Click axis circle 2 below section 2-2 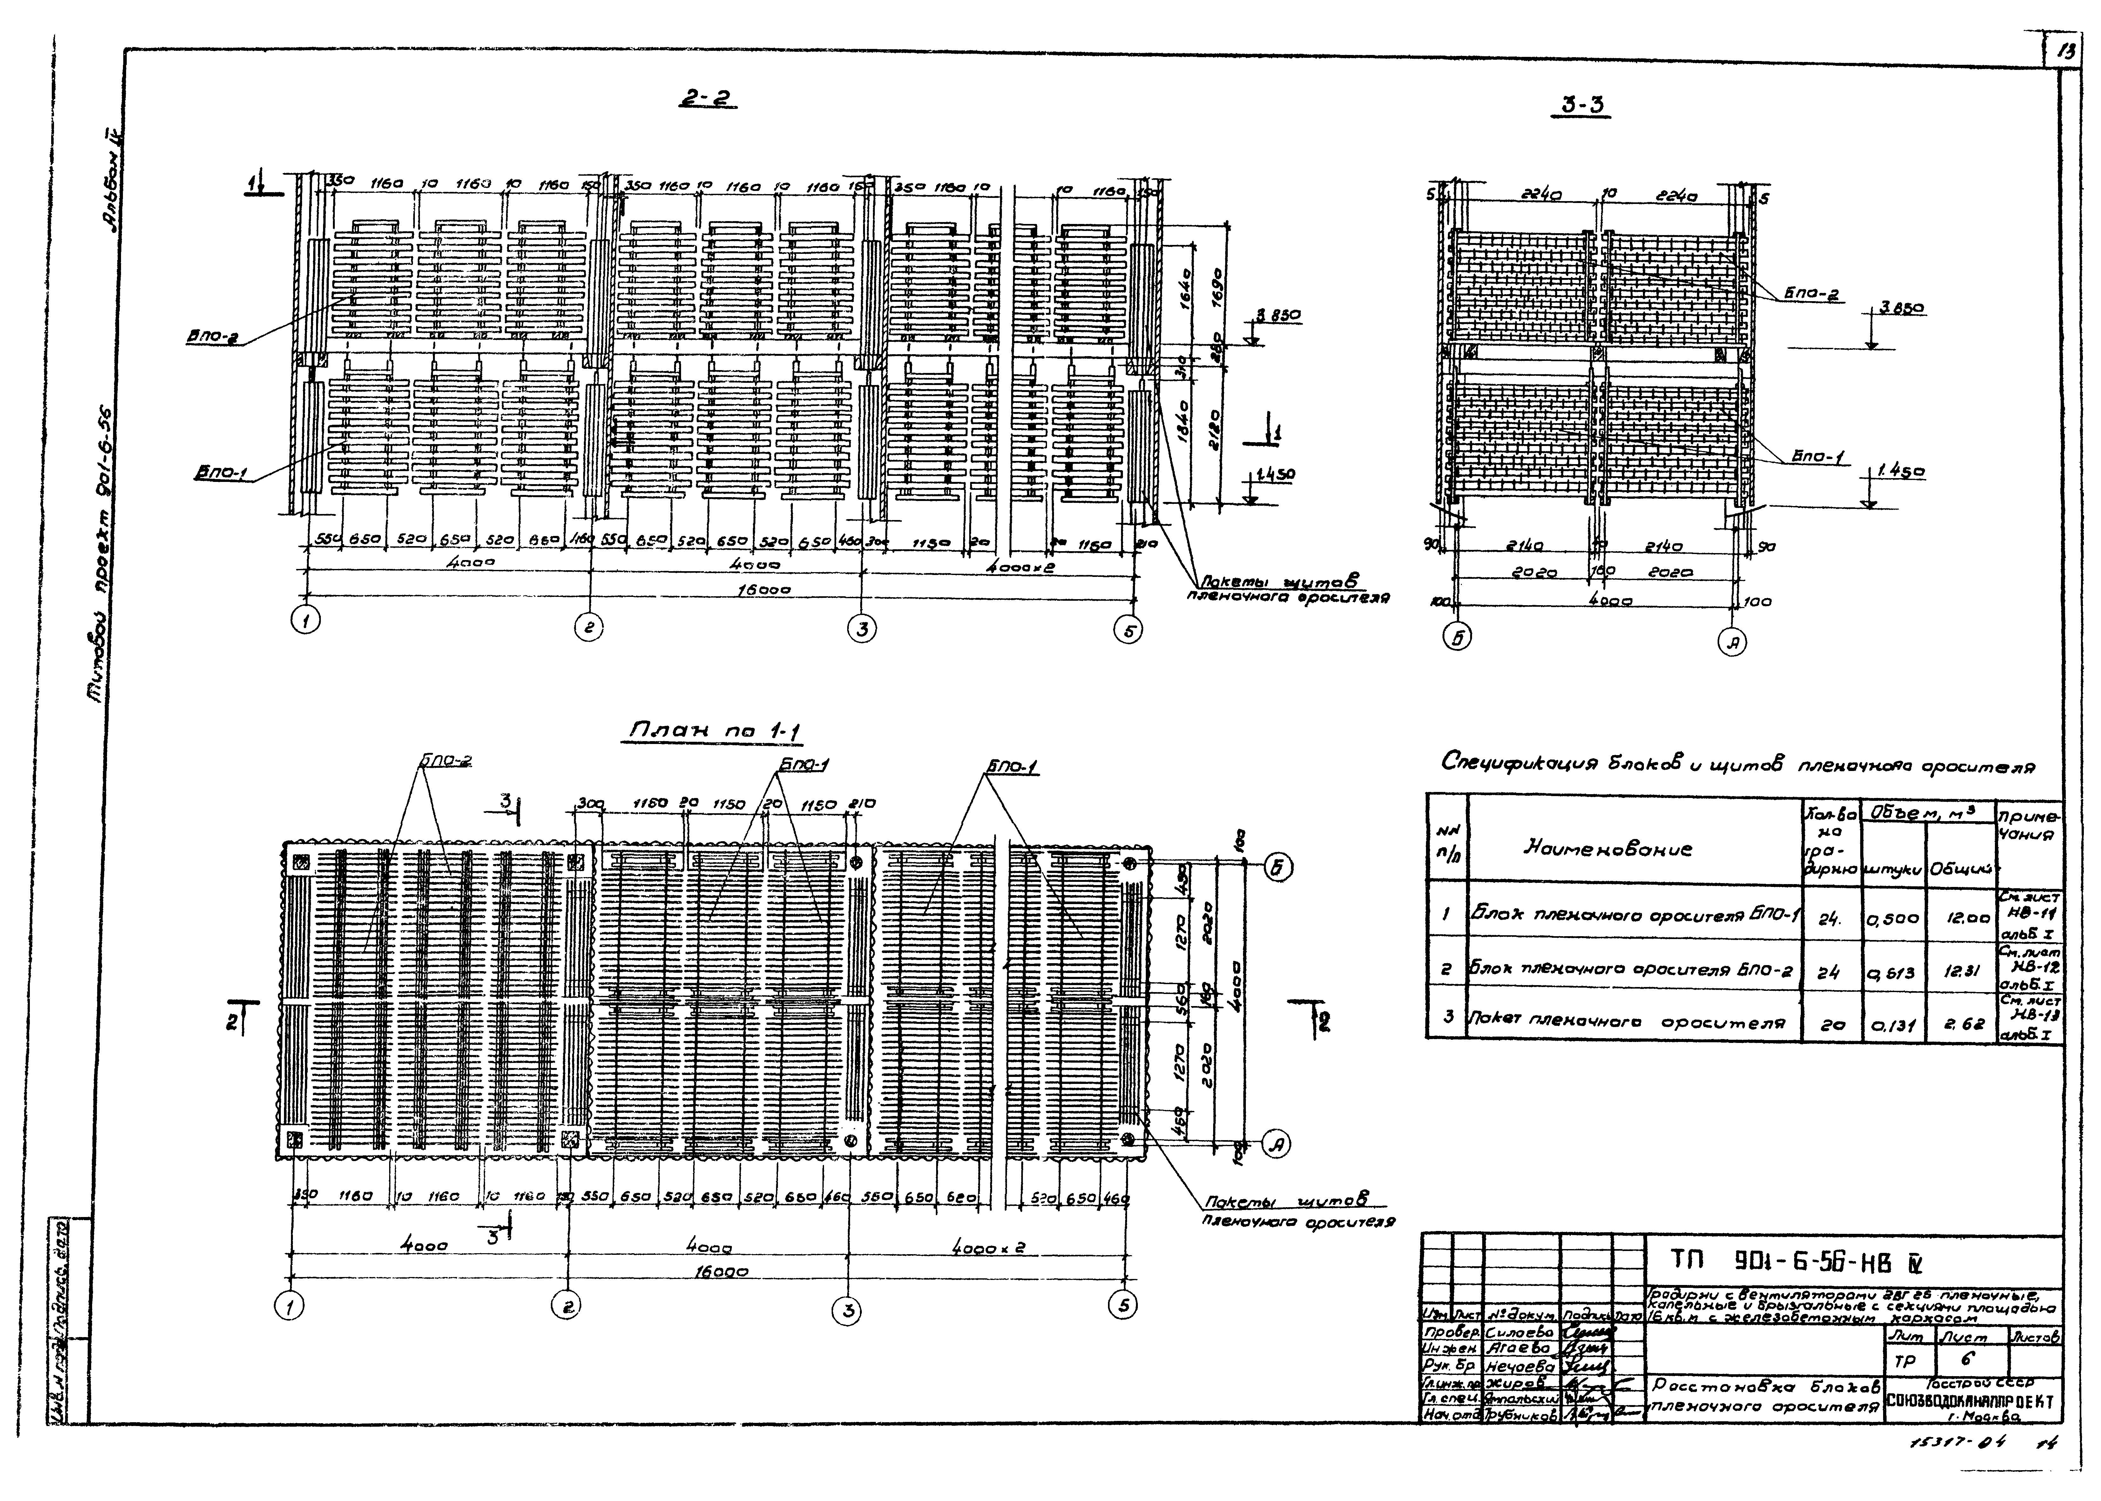coord(588,628)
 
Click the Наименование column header coord(1606,848)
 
